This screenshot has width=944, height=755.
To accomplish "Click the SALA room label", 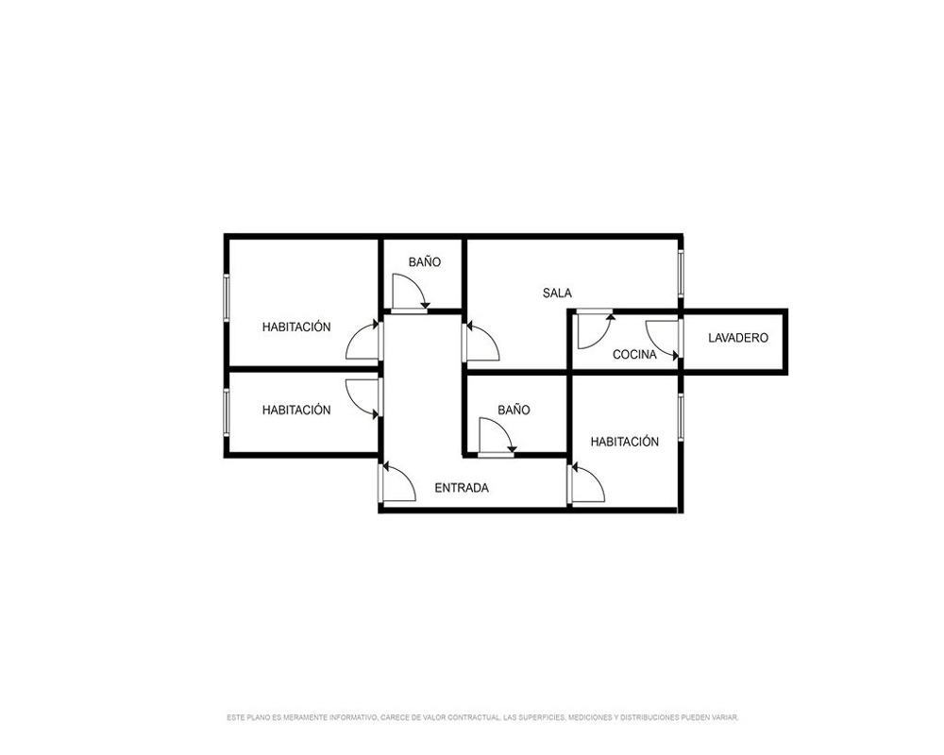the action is [557, 294].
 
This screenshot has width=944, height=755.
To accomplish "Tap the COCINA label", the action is [634, 355].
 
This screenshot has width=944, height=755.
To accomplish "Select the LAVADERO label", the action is [738, 338].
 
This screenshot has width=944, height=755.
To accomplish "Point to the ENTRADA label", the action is [462, 488].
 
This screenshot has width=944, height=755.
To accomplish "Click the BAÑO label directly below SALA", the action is [514, 410].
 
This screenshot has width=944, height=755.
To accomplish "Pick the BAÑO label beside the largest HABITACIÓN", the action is [425, 262].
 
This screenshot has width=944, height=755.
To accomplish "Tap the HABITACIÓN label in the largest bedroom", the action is [296, 327].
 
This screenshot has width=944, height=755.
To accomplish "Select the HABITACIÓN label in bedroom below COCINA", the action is [624, 442].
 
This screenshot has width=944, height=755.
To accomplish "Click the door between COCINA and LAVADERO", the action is [664, 340].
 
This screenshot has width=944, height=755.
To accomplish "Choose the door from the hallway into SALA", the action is [481, 342].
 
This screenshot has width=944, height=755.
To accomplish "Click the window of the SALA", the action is [681, 274].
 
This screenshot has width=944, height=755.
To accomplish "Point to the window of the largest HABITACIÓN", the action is [227, 297].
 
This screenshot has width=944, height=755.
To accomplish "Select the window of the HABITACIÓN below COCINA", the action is [681, 417].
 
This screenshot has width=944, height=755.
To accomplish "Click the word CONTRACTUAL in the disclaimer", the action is [479, 717].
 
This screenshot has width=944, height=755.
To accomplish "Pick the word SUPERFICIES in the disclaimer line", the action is [546, 717].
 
